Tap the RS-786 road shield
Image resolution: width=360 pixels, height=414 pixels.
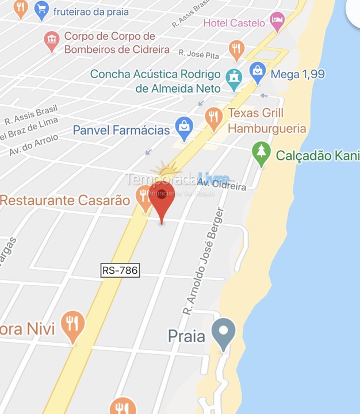(120, 270)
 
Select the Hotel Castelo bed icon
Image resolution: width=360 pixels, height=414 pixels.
(278, 22)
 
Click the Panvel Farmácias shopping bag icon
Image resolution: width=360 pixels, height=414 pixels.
(184, 128)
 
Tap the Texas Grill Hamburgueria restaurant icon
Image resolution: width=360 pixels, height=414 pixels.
(214, 118)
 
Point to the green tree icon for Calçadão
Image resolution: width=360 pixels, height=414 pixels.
(262, 154)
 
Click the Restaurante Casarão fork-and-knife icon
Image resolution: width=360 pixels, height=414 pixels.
(144, 197)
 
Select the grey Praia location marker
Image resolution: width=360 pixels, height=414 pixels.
(223, 332)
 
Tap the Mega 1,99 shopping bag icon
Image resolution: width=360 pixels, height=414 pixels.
(258, 72)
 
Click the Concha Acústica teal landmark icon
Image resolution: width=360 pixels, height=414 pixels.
(233, 79)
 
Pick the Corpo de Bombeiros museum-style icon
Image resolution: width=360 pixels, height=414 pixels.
(52, 40)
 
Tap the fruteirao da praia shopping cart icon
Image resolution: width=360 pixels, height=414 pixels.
(41, 9)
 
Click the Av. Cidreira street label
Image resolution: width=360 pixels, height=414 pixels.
(221, 184)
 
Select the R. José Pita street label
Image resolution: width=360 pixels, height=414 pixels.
(198, 53)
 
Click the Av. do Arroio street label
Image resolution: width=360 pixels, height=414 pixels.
(33, 145)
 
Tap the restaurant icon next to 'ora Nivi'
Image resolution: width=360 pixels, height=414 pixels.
(72, 325)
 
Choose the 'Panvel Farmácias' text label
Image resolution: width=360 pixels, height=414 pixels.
(121, 130)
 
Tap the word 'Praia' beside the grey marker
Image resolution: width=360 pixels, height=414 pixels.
(187, 336)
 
